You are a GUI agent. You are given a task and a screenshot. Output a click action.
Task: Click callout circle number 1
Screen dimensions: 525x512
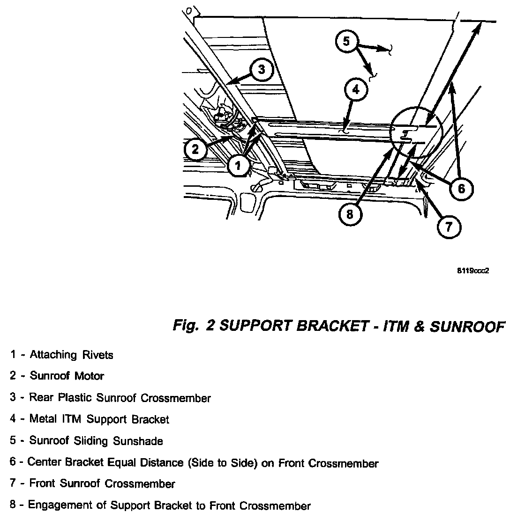pyautogui.click(x=238, y=165)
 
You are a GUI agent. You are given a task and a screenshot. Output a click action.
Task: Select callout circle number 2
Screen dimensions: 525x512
pyautogui.click(x=195, y=149)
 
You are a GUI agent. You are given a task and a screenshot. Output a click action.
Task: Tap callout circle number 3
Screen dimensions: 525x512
pyautogui.click(x=262, y=70)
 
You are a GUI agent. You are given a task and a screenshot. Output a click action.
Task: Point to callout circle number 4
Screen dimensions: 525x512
pyautogui.click(x=356, y=89)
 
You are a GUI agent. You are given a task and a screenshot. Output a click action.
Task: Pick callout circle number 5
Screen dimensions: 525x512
pyautogui.click(x=346, y=42)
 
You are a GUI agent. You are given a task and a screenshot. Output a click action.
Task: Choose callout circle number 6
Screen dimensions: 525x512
pyautogui.click(x=461, y=189)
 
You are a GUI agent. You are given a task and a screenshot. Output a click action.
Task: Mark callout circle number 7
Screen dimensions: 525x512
pyautogui.click(x=449, y=227)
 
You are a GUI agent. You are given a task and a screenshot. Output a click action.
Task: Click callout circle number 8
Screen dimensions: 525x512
pyautogui.click(x=350, y=214)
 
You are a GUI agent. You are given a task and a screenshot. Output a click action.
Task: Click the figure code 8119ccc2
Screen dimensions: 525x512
pyautogui.click(x=473, y=271)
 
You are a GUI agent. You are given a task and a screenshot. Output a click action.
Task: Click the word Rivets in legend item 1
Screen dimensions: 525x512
pyautogui.click(x=98, y=355)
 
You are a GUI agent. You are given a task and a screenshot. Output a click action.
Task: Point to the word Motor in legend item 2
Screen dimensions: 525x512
pyautogui.click(x=89, y=376)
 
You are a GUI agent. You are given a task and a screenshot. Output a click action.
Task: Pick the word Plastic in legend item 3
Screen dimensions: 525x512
pyautogui.click(x=75, y=398)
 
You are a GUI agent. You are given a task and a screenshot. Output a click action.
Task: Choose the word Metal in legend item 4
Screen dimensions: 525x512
pyautogui.click(x=43, y=419)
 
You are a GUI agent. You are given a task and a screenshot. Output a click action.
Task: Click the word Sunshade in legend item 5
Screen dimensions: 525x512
pyautogui.click(x=138, y=441)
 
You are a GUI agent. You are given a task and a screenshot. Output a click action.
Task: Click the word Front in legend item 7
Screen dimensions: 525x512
pyautogui.click(x=42, y=483)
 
